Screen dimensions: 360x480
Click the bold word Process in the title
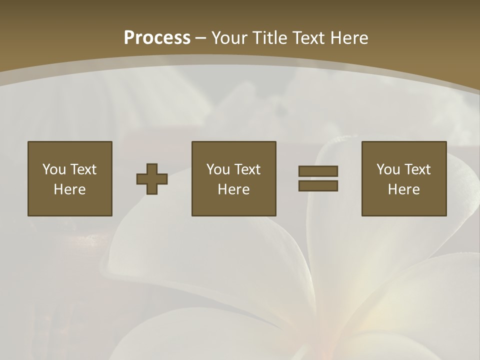point(157,38)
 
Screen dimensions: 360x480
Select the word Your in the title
point(227,38)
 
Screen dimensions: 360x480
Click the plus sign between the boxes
point(152,179)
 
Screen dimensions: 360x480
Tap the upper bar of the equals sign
point(318,171)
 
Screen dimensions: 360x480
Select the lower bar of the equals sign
point(318,185)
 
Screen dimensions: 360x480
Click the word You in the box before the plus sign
point(54,169)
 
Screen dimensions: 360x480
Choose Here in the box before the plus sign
point(69,189)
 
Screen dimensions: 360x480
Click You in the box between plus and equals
point(218,169)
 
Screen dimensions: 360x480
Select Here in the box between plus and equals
point(233,189)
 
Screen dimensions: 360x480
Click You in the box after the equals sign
point(388,169)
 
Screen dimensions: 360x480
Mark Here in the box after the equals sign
point(403,189)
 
